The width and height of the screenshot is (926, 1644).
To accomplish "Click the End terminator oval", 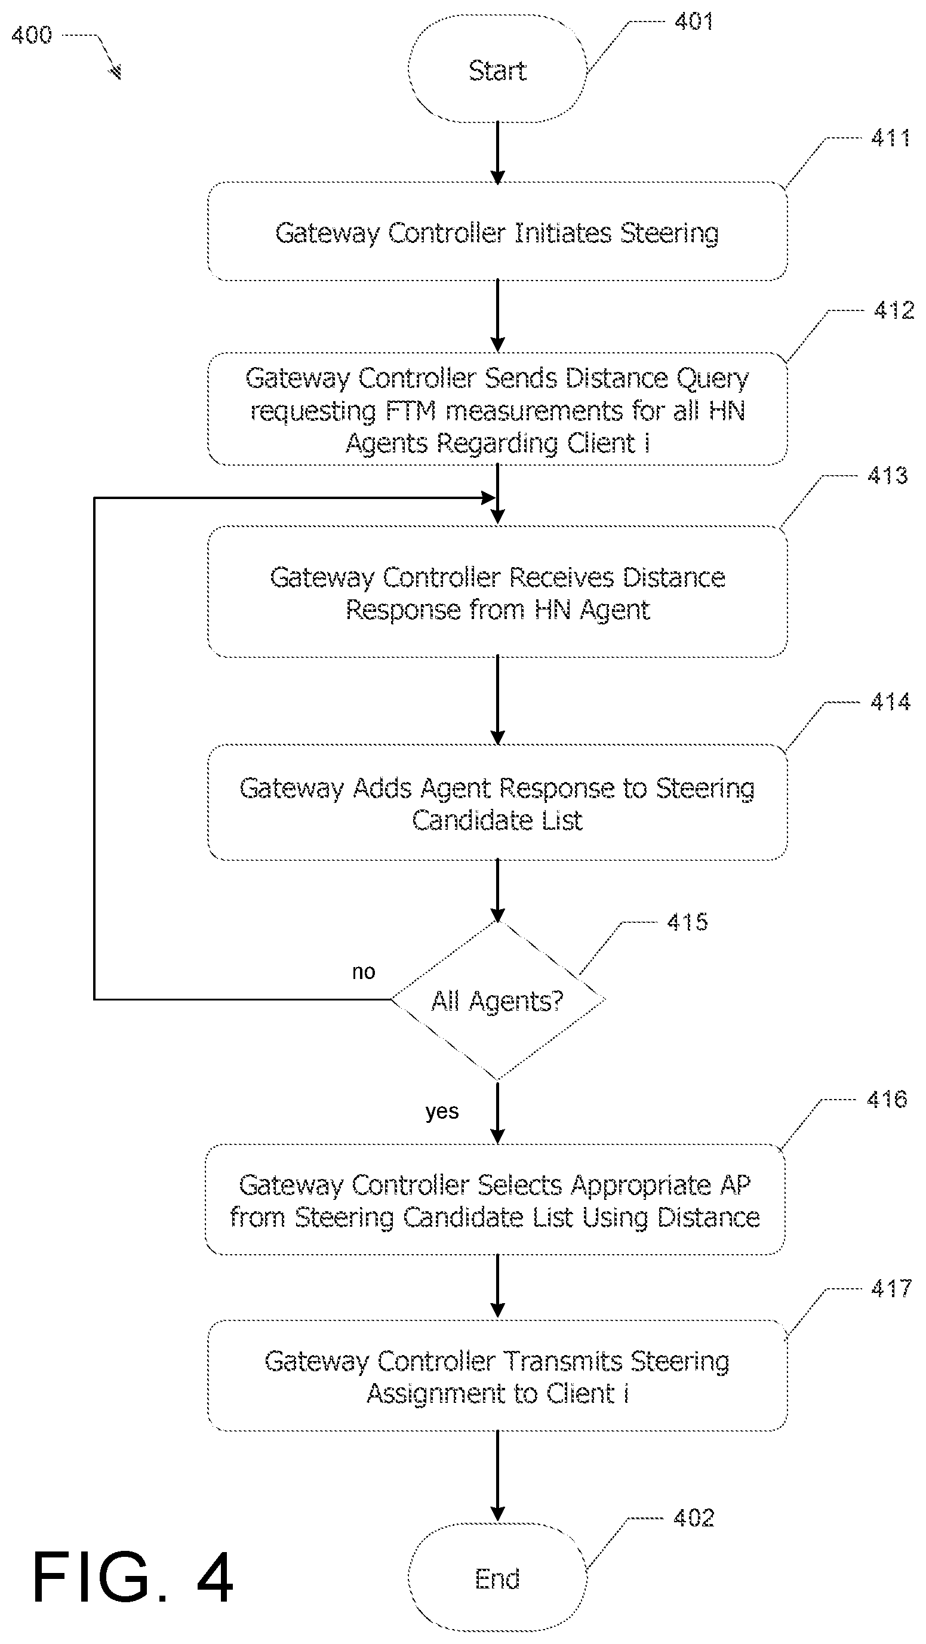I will point(497,1578).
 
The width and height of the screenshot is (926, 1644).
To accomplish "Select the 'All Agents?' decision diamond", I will point(497,1000).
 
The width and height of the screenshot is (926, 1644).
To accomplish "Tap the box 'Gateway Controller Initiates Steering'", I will point(497,232).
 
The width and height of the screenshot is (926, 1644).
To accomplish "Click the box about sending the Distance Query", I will point(497,410).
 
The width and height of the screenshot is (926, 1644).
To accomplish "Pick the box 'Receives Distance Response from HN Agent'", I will point(497,592).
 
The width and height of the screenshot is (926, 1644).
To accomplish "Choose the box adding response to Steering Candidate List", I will point(497,803).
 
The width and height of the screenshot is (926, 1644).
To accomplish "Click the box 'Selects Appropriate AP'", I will point(494,1200).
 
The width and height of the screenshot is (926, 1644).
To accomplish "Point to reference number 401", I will point(694,21).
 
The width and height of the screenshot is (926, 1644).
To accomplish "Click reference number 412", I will point(893,311).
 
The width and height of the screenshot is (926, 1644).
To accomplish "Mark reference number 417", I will point(891,1289).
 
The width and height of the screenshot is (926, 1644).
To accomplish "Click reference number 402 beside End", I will point(694,1517).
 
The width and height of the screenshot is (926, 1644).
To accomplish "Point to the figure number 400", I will point(31,35).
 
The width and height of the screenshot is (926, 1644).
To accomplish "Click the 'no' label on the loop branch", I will point(364,972).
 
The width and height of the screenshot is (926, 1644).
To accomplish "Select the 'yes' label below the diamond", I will point(442,1111).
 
